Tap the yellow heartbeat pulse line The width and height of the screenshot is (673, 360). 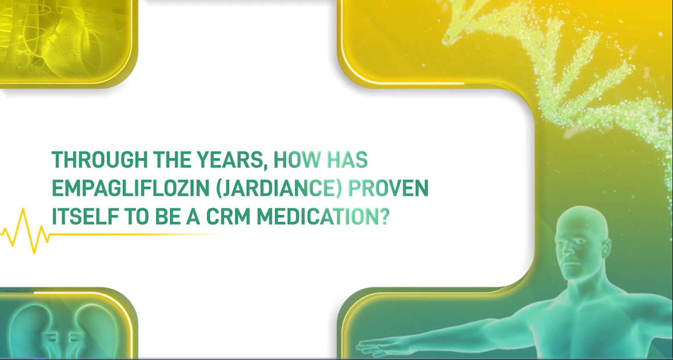26,231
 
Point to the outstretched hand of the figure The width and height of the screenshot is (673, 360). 372,347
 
